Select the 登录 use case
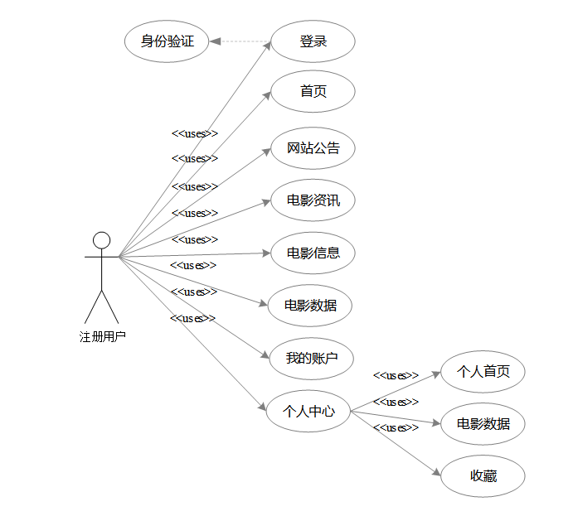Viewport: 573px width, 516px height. [x=313, y=41]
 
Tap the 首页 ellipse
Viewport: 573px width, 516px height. [x=313, y=91]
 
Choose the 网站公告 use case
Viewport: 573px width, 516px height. [x=313, y=148]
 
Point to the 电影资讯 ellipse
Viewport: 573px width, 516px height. [x=313, y=200]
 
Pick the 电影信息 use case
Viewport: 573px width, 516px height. [x=313, y=253]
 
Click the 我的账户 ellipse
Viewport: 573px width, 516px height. [x=313, y=358]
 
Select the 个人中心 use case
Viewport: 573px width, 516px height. [x=308, y=410]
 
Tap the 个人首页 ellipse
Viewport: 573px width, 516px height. [x=483, y=372]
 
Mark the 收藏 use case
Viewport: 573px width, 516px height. [x=483, y=476]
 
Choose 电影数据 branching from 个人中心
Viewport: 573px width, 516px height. [x=483, y=424]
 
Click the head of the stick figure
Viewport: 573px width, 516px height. [x=101, y=240]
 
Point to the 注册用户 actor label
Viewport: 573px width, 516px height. [x=103, y=336]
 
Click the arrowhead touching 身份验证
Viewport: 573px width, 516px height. [x=215, y=41]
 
